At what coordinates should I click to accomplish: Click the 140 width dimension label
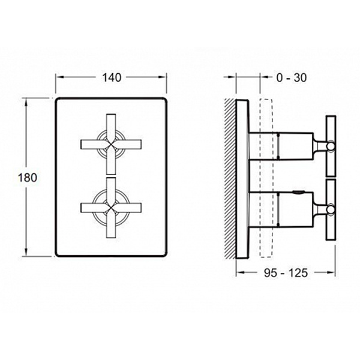[x=112, y=77]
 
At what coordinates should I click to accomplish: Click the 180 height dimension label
[x=28, y=178]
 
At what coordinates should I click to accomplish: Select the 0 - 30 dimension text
[x=292, y=78]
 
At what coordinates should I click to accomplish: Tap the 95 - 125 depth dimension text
[x=286, y=273]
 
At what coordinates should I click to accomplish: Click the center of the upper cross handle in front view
[x=111, y=144]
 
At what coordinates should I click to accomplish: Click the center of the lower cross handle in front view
[x=111, y=208]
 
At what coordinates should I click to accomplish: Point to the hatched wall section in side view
[x=230, y=179]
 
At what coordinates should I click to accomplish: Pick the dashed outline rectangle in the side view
[x=266, y=178]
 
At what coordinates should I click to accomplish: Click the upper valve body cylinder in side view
[x=281, y=146]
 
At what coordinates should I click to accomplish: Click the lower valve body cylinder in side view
[x=281, y=209]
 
